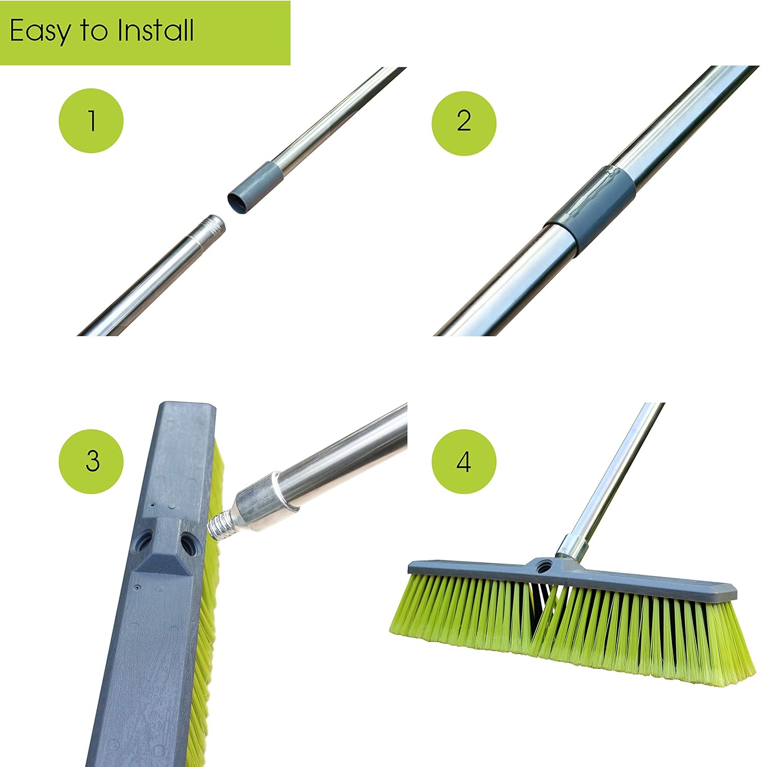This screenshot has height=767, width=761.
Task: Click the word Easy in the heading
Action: (40, 32)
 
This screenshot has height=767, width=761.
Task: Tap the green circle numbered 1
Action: (92, 121)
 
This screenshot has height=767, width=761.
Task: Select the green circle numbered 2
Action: (464, 121)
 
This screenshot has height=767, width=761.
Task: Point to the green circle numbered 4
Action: (464, 461)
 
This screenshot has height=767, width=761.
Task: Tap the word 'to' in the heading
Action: (93, 32)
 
